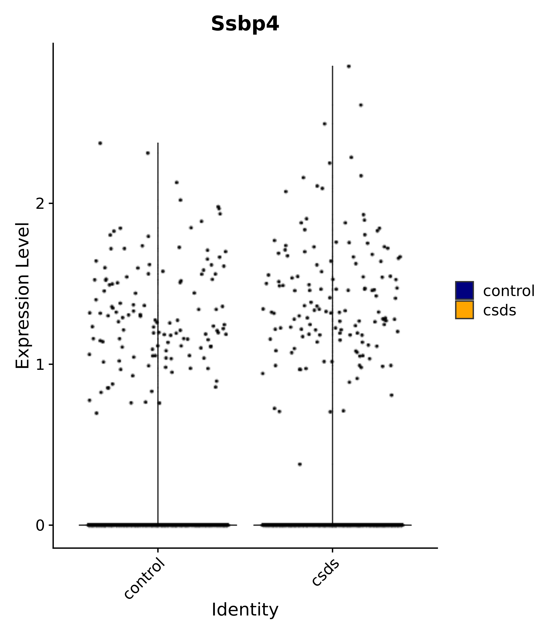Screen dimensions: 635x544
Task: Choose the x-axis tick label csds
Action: pyautogui.click(x=325, y=568)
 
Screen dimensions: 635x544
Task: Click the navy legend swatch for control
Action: pyautogui.click(x=464, y=290)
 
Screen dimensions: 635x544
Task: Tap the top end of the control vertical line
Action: pyautogui.click(x=158, y=143)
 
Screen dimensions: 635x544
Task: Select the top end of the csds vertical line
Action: pyautogui.click(x=332, y=66)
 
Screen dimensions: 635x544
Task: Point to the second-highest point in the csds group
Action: pyautogui.click(x=361, y=105)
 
